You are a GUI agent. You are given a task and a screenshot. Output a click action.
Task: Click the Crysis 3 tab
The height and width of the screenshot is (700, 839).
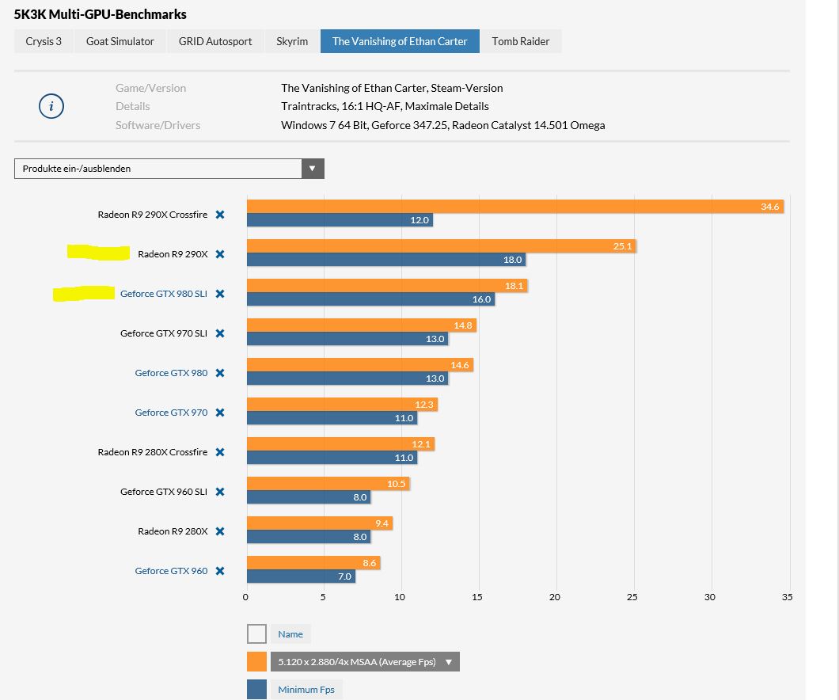pos(44,41)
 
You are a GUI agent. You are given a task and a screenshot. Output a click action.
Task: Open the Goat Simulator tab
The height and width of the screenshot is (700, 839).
pos(120,41)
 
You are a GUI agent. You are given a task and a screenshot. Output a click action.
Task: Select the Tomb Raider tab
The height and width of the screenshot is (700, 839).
pos(520,41)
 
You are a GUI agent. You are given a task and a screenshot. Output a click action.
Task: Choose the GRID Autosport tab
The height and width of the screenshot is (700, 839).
pos(215,41)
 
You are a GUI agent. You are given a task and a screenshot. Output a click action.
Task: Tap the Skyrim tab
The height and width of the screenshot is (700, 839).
pos(292,41)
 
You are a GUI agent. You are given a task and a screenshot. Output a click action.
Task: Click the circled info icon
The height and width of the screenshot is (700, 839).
pos(51,106)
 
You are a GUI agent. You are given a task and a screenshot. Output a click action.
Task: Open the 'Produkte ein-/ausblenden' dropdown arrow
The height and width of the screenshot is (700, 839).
pos(313,169)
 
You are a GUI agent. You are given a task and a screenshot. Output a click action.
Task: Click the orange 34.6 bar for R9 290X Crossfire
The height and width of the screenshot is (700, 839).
pos(514,207)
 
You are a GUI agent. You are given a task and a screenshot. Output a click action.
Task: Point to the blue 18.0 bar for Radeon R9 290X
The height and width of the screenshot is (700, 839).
pos(385,260)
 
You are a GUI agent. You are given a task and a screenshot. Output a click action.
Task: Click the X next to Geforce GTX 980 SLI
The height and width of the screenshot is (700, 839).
pos(220,294)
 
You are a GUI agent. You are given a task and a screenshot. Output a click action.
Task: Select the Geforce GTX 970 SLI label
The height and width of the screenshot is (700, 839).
pos(163,333)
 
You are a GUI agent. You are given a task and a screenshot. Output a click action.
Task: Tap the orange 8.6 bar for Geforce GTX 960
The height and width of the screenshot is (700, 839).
pos(313,563)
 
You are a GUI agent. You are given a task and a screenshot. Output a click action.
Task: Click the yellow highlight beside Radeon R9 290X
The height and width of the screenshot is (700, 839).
pos(98,253)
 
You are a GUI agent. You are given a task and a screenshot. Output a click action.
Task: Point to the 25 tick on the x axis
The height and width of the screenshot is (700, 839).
pos(632,597)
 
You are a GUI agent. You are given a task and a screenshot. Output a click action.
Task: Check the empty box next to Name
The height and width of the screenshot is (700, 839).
pos(256,634)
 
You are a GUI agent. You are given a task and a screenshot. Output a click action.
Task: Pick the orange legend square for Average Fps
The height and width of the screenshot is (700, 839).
pos(256,662)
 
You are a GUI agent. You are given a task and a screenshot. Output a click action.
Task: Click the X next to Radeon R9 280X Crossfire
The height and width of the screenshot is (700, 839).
pos(220,452)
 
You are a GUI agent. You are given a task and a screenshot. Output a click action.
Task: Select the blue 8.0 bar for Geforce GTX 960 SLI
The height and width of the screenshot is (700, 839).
pos(309,497)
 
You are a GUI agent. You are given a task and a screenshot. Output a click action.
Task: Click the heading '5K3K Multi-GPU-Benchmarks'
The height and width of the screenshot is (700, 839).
pos(101,14)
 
